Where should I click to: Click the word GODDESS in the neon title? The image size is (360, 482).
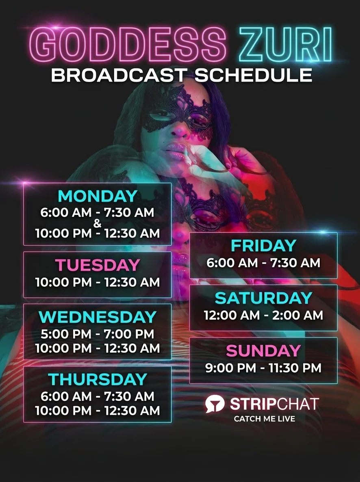[128, 45]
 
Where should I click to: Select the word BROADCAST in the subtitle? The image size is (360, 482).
[119, 75]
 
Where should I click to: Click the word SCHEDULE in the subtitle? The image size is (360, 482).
[254, 75]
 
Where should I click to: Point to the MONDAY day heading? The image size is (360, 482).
[98, 196]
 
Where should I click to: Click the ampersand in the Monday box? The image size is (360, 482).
[97, 223]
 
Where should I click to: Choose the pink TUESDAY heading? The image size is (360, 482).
[98, 265]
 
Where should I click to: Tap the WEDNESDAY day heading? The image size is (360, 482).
[98, 317]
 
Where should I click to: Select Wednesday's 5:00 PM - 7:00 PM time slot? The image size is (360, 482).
[98, 334]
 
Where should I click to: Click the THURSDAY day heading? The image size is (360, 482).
[98, 379]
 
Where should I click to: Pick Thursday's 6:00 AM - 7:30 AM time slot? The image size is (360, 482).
[98, 396]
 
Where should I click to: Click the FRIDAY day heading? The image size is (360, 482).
[263, 246]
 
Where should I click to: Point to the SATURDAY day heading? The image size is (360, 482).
[263, 298]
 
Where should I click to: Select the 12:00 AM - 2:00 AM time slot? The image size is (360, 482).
[263, 315]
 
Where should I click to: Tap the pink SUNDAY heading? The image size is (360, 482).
[263, 351]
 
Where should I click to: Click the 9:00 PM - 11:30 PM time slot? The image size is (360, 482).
[263, 368]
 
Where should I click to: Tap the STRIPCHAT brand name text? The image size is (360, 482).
[274, 404]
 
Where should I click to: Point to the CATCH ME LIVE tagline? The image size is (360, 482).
[264, 419]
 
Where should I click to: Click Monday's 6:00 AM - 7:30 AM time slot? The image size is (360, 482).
[98, 212]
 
